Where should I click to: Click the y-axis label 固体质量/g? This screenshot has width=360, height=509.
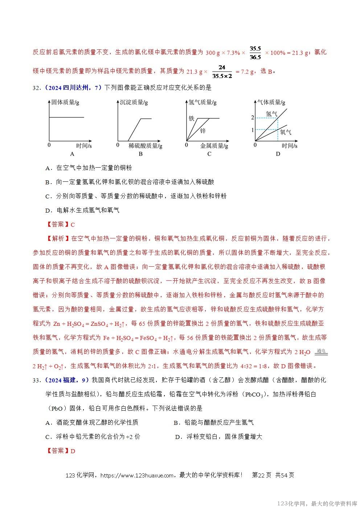click(65, 102)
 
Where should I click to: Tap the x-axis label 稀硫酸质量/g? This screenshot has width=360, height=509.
click(145, 146)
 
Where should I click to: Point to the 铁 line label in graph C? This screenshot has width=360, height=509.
click(192, 119)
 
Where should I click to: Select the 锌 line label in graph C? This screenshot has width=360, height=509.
click(202, 131)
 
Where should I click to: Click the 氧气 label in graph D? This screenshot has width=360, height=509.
click(285, 132)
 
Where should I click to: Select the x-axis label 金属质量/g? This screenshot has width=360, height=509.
click(214, 146)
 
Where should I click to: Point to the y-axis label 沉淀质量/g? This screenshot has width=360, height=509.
click(134, 102)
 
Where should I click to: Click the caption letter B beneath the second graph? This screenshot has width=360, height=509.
click(141, 154)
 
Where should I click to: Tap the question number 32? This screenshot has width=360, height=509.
click(36, 87)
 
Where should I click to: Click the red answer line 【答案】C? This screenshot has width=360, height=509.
click(61, 225)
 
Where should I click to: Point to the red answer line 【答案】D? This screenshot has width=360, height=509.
click(61, 451)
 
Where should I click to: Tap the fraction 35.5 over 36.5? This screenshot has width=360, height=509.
click(255, 53)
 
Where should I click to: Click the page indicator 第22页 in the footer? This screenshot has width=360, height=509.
click(261, 475)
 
